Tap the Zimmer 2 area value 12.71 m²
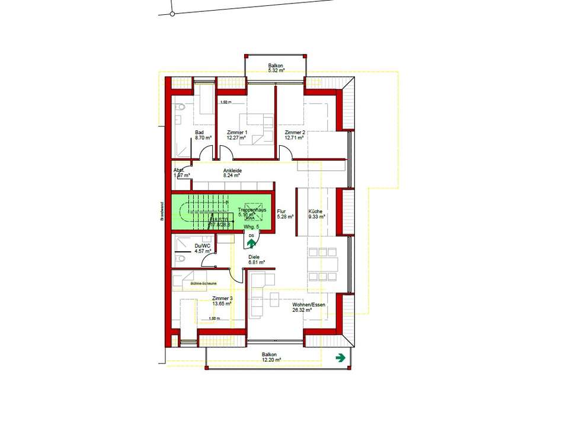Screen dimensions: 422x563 294,138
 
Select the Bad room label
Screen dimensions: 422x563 200,132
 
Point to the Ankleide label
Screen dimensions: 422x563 231,170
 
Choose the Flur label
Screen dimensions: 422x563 281,211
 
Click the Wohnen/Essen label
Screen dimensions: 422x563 308,304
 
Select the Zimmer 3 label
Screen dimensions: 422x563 222,298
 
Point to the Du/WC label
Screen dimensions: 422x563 202,246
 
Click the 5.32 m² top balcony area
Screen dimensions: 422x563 276,71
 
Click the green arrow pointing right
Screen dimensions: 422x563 341,357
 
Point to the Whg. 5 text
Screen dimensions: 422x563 251,227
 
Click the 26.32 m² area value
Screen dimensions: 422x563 302,309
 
